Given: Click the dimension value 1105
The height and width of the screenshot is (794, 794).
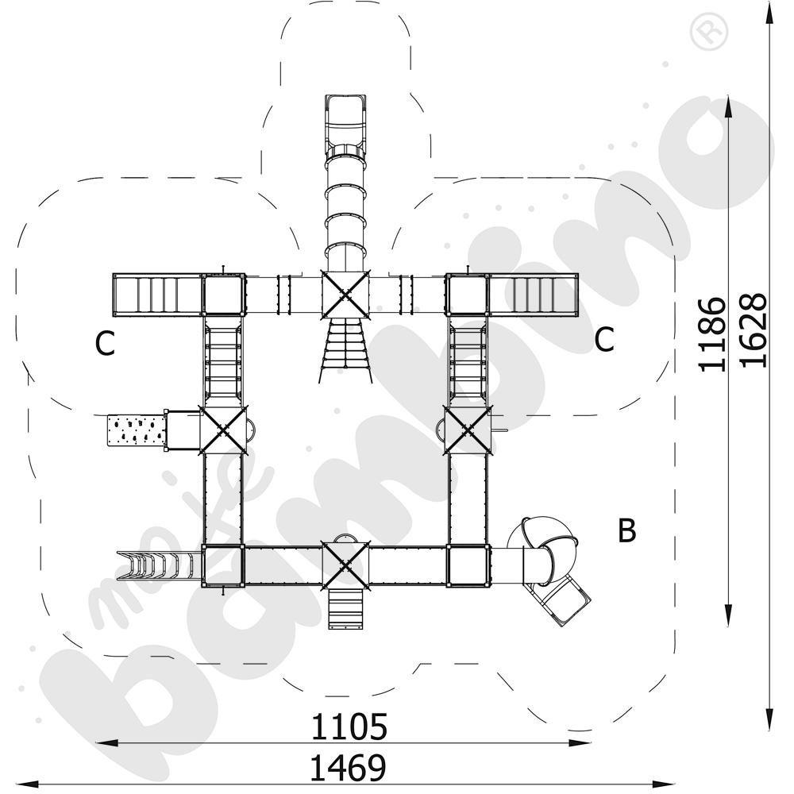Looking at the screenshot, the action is [349, 727].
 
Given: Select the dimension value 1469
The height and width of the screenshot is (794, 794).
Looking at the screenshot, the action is [348, 767].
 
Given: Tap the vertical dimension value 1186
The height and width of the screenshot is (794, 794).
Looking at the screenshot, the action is [711, 333].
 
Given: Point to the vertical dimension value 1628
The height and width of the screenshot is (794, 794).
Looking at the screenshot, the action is [753, 330].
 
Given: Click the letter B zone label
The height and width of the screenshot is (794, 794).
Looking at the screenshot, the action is [627, 530].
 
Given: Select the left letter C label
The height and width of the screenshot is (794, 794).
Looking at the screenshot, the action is [105, 343].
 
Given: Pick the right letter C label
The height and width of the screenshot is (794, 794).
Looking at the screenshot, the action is [604, 339].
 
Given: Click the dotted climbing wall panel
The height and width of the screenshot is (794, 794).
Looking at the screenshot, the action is [137, 430].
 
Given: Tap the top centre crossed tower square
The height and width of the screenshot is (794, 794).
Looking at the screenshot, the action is [345, 295].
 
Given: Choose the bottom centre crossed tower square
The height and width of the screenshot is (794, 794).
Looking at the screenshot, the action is [345, 565].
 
